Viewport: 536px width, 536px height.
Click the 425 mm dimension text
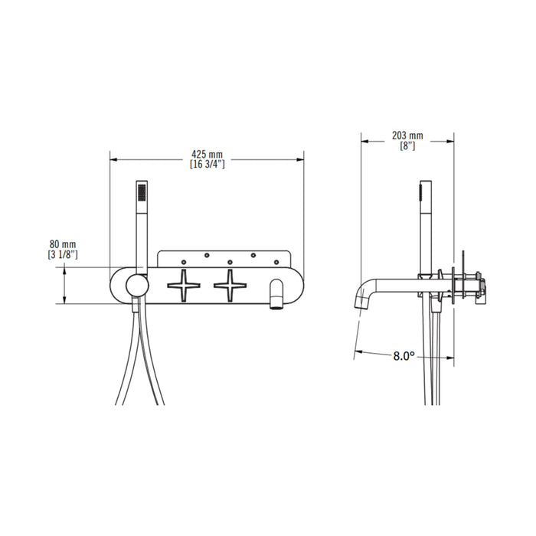207,154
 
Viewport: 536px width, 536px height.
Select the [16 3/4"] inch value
207,164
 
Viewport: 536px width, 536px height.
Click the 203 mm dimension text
407,136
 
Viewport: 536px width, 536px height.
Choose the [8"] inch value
407,145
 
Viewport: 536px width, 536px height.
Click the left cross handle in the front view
185,286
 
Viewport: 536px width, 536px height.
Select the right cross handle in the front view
230,286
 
